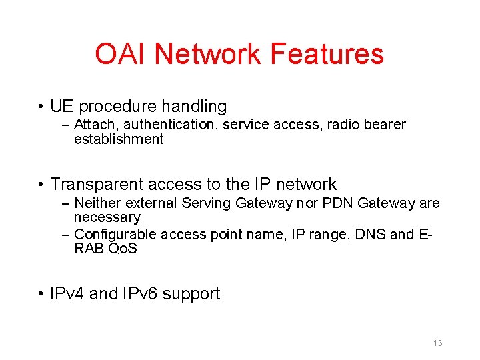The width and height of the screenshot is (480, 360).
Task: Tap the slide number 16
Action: [437, 343]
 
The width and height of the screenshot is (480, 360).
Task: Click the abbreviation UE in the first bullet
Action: [61, 107]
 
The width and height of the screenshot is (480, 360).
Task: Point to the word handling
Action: [194, 107]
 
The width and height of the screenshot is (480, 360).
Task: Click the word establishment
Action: [119, 139]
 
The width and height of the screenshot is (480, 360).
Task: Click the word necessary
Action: [107, 217]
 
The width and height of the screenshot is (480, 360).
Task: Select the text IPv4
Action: [67, 294]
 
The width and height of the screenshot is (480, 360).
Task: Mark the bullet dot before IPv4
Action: [41, 294]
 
